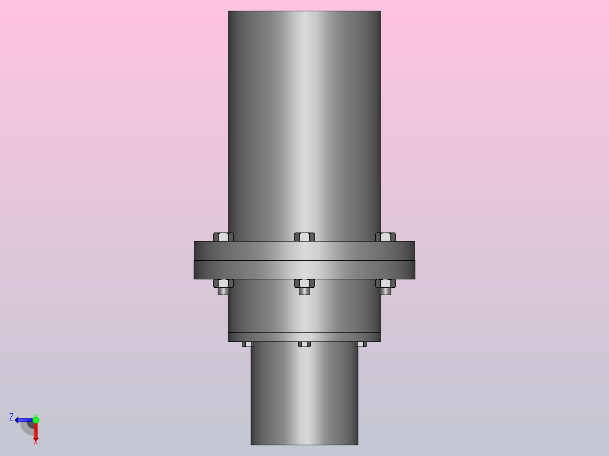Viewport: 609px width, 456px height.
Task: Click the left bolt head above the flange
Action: tap(223, 237)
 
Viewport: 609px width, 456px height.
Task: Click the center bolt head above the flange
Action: tap(304, 237)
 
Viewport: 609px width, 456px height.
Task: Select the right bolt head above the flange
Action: tap(386, 237)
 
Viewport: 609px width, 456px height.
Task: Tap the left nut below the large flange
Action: tap(223, 283)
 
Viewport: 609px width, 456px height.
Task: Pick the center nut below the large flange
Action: tap(304, 283)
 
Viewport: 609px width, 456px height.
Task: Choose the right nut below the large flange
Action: tap(386, 283)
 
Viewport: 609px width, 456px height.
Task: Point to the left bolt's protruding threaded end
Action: tap(223, 291)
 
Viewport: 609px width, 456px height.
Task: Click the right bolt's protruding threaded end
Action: tap(386, 291)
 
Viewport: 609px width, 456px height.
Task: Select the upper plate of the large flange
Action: tap(304, 251)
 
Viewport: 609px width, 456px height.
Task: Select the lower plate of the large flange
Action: tap(304, 270)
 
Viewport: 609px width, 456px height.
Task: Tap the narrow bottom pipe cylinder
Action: tap(304, 395)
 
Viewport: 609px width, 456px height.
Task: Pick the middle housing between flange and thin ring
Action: tap(304, 310)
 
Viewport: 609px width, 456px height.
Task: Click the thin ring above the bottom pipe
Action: tap(304, 337)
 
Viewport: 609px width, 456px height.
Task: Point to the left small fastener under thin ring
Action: tap(248, 344)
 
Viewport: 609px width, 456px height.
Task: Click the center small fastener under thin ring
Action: tap(304, 344)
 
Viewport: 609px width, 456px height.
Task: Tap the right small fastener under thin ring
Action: tap(361, 344)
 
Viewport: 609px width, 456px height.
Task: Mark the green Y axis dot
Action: tap(36, 420)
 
